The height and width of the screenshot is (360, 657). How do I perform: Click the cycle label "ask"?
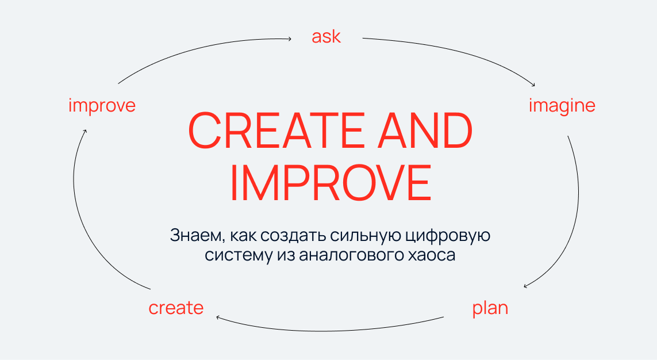coord(326,37)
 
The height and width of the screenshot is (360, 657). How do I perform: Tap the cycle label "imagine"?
coord(562,106)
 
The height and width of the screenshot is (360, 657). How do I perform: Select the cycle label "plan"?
coord(490,308)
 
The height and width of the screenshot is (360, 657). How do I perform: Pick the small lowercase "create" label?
coord(176,308)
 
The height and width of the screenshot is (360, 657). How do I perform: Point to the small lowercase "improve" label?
coord(102,106)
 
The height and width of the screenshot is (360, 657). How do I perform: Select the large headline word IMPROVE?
coord(331,183)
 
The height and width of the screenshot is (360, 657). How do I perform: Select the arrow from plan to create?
coord(329,331)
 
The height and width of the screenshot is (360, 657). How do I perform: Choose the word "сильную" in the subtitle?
coord(366,236)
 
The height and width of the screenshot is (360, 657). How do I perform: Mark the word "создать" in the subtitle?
coord(293,236)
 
